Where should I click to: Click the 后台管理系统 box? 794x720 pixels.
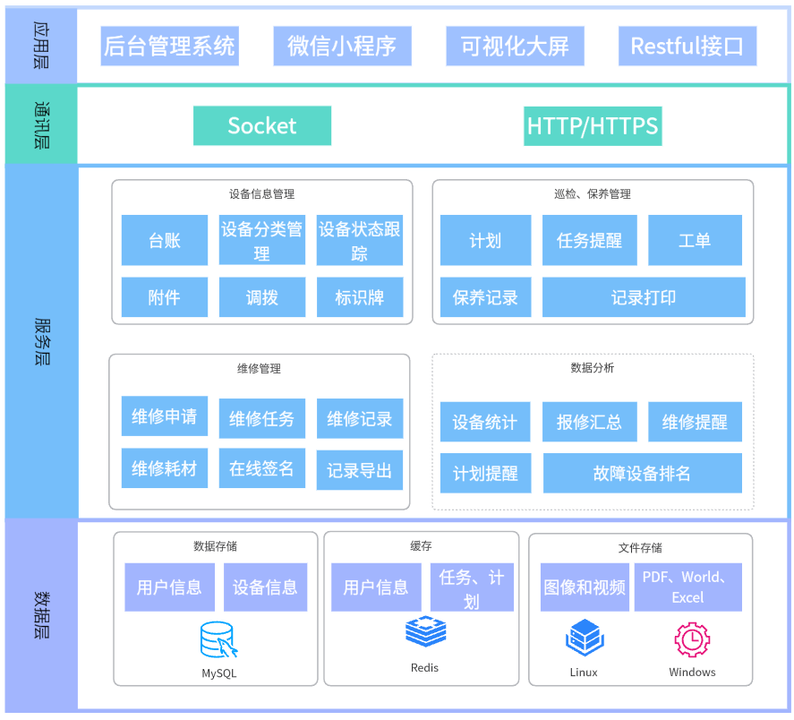point(169,47)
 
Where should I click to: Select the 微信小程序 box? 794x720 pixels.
point(342,47)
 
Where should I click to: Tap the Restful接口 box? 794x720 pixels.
point(687,47)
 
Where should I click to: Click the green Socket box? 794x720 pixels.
point(262,126)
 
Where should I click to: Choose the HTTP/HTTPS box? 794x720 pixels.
point(593,126)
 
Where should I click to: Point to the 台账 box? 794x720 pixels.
point(165,240)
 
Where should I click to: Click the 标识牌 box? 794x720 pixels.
point(360,297)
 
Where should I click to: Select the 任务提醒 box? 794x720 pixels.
point(589,240)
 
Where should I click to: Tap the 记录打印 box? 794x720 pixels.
point(644,297)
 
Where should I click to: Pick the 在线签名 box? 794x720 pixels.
point(261,468)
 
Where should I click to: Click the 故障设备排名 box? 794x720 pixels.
point(642,474)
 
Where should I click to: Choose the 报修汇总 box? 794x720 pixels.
point(589,422)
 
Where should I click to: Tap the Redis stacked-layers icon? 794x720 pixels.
point(425,632)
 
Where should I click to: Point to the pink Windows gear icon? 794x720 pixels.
point(692,639)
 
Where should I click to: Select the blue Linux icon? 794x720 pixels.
point(584,639)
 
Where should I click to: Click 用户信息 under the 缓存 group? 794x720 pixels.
point(376,587)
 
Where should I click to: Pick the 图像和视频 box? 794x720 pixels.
point(585,587)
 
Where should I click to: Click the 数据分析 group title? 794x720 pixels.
point(593,368)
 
